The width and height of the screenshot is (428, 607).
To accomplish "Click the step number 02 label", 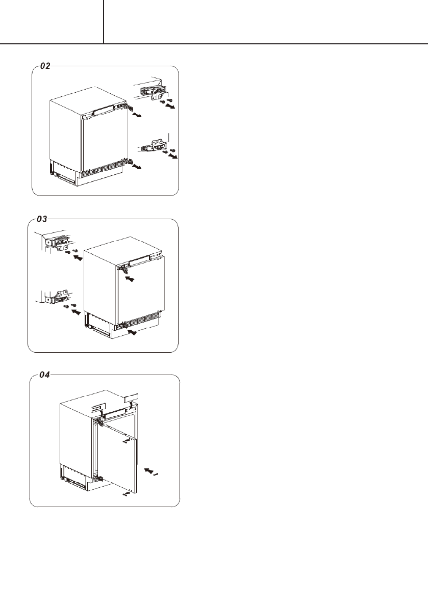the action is coord(45,66).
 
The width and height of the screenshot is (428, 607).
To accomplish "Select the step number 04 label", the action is coord(45,375).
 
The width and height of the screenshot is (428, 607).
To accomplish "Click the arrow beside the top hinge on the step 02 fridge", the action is coord(136,116).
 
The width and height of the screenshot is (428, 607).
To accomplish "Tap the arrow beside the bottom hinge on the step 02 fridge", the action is coord(137,167).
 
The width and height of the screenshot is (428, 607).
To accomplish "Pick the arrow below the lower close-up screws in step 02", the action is coord(174,157).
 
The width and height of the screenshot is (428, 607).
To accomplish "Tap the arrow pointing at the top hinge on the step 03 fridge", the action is coord(131,279).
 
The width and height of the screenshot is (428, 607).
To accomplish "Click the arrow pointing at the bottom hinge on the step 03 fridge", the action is coord(132,332).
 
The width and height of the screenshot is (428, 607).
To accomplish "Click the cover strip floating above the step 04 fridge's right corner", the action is coord(133,395).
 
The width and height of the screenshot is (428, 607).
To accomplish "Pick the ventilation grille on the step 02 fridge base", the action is coord(103,169).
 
